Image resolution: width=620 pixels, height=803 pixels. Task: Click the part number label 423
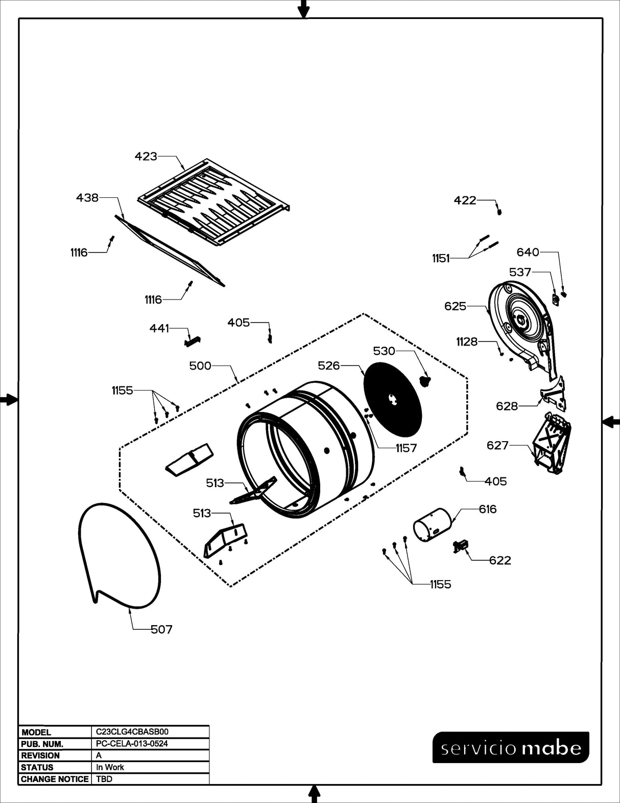tap(146, 156)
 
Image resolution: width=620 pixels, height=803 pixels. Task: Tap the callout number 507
tap(161, 630)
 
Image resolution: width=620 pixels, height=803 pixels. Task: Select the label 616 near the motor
tap(488, 509)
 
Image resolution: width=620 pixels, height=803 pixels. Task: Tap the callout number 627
tap(497, 445)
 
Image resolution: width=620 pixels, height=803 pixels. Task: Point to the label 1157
tap(406, 448)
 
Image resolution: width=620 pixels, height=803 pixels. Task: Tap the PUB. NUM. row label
tap(42, 744)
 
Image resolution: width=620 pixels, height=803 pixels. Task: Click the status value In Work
tap(110, 767)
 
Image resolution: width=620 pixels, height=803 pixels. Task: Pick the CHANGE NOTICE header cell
tap(54, 779)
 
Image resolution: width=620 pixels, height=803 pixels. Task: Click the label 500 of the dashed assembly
tap(200, 365)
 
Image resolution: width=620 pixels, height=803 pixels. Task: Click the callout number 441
tap(159, 328)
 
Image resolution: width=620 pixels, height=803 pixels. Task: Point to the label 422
tap(465, 200)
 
